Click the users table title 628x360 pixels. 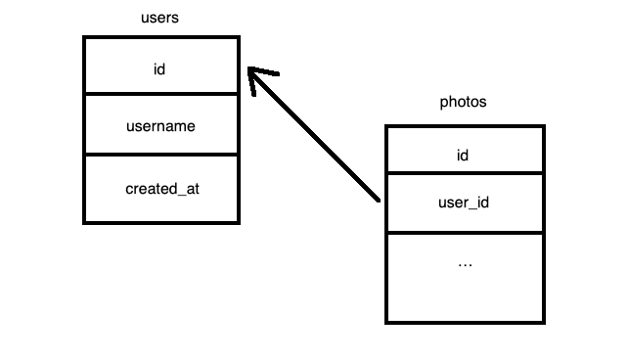160,19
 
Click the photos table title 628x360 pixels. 463,102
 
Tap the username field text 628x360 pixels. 160,126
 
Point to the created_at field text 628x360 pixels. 162,188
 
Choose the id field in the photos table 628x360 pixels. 464,155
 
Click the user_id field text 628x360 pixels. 464,203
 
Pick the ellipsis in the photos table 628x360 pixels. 465,263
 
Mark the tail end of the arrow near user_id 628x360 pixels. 378,201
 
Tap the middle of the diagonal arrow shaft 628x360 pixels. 316,138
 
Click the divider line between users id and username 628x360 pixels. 160,94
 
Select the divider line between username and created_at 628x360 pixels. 160,155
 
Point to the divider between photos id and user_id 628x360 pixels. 464,173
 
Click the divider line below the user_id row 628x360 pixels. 464,233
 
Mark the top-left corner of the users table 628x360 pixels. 84,38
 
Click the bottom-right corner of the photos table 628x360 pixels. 543,322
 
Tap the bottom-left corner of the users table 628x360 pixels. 84,223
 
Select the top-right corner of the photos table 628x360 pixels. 543,126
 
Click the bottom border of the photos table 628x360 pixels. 464,322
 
